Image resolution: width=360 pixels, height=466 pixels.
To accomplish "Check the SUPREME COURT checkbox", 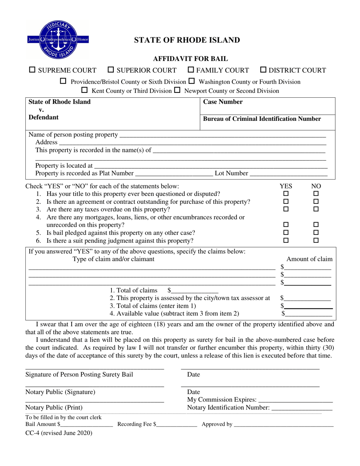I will [x=33, y=70].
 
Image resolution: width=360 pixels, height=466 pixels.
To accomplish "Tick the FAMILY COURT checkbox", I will [x=191, y=70].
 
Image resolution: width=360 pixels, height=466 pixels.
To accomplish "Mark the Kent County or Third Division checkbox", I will [x=85, y=90].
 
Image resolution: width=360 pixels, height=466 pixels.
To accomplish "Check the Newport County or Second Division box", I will [x=177, y=90].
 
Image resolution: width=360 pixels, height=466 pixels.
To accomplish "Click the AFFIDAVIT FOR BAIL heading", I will [x=190, y=59].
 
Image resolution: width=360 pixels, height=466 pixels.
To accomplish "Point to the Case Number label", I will [x=223, y=102].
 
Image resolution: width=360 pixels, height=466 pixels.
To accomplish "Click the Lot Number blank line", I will [x=288, y=174].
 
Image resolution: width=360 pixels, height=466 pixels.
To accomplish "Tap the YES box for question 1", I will [x=286, y=194].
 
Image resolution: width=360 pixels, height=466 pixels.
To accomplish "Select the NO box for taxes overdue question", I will [x=316, y=209].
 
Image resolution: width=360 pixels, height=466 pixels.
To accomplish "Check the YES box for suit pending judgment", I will [x=286, y=240].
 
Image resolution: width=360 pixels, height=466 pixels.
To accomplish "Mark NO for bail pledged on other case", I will [x=316, y=232].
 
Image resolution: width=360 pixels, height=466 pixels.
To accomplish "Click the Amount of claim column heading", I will [x=309, y=259].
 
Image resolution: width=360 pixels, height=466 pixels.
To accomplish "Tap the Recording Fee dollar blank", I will [x=177, y=425].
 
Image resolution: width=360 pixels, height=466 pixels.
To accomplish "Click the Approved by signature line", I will [x=284, y=425].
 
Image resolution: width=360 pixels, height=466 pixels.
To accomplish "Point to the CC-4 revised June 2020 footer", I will [x=59, y=433].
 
